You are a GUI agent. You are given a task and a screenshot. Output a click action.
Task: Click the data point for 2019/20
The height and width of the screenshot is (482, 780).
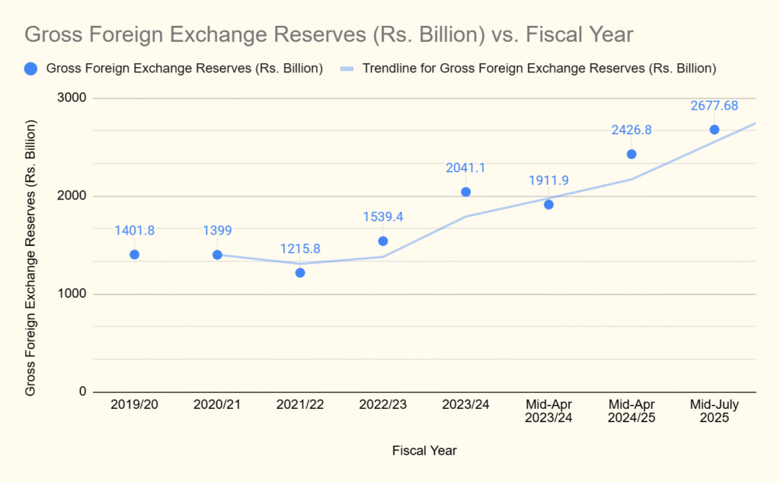pyautogui.click(x=134, y=254)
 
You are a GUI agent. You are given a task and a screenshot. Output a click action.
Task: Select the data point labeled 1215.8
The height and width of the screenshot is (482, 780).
pyautogui.click(x=300, y=273)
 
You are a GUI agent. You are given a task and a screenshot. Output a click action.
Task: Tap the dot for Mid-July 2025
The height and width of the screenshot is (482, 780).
pyautogui.click(x=714, y=129)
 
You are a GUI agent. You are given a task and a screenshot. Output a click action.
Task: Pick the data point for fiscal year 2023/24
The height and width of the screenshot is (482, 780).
pyautogui.click(x=465, y=192)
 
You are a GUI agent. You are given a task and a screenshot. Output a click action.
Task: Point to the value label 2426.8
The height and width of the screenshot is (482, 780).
pyautogui.click(x=631, y=130)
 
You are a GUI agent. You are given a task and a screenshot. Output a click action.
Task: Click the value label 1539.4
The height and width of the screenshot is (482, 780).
pyautogui.click(x=382, y=217)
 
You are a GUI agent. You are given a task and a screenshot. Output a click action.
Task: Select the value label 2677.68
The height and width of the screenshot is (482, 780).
pyautogui.click(x=714, y=106)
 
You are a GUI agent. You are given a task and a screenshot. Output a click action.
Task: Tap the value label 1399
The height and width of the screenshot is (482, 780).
pyautogui.click(x=217, y=231)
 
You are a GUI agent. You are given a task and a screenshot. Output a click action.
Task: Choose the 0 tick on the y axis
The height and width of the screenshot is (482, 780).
pyautogui.click(x=82, y=391)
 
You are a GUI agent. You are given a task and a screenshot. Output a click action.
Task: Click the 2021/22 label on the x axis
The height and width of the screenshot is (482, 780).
pyautogui.click(x=300, y=405)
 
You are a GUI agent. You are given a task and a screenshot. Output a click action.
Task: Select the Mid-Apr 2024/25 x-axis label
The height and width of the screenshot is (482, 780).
pyautogui.click(x=631, y=411)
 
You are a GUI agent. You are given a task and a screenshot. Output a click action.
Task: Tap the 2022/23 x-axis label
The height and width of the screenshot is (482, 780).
pyautogui.click(x=382, y=405)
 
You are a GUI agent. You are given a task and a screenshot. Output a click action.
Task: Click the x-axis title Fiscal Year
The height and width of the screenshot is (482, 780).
pyautogui.click(x=424, y=450)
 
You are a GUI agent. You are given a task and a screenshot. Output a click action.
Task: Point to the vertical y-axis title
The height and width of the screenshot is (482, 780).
pyautogui.click(x=30, y=258)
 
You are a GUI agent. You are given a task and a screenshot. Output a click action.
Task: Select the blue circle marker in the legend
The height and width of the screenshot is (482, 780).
pyautogui.click(x=30, y=69)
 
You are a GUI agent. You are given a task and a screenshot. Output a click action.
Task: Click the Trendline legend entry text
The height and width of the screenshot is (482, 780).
pyautogui.click(x=539, y=69)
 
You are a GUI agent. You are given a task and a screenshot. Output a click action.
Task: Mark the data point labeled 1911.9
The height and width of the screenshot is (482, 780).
pyautogui.click(x=548, y=204)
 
